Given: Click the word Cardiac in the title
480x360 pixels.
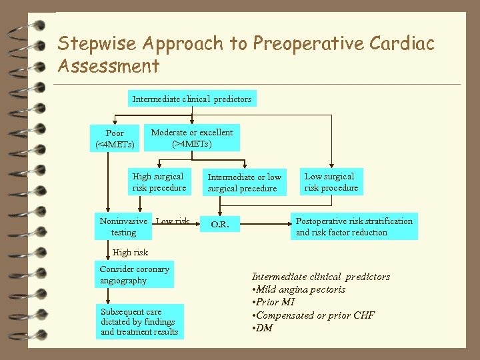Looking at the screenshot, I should (401, 44).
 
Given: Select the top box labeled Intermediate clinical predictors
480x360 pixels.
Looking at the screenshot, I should (192, 99).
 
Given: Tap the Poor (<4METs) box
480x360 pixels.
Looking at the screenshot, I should (115, 139).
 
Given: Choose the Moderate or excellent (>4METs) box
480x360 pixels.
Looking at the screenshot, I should (192, 138).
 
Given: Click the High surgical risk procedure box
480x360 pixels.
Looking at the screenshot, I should (159, 182).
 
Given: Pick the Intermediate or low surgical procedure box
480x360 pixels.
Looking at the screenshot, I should (245, 183).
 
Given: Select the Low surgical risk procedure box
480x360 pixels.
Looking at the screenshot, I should (331, 182).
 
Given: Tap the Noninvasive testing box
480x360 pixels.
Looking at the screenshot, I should (123, 227).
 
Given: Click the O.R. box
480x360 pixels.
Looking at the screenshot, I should (220, 225).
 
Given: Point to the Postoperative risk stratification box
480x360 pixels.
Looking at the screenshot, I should (354, 227).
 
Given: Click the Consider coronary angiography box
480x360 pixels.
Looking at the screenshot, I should (135, 275).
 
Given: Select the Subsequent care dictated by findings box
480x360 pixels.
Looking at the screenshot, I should (139, 321).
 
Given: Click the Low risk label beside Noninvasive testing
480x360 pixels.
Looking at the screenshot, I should (173, 221).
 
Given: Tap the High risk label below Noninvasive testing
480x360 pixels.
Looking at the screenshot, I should (131, 253).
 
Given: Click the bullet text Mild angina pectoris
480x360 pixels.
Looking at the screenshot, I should (301, 289).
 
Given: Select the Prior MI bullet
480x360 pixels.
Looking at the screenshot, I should (275, 302).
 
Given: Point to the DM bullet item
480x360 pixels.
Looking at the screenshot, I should (264, 327).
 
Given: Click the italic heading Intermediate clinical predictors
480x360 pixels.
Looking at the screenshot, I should (321, 277).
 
